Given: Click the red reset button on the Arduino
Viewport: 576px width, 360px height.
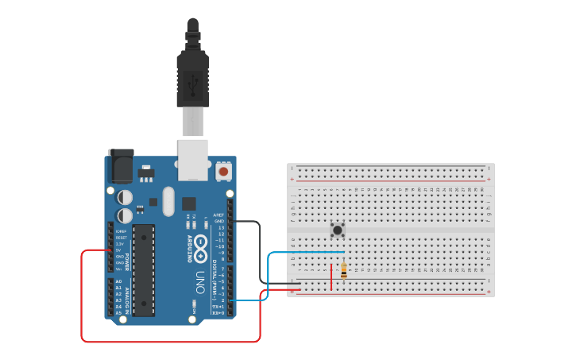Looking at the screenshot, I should (x=223, y=171).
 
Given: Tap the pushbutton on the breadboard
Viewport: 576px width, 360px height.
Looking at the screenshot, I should (x=338, y=230).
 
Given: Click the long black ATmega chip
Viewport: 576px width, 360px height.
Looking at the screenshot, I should (x=144, y=270).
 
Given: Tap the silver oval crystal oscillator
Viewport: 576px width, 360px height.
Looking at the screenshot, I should (x=168, y=201).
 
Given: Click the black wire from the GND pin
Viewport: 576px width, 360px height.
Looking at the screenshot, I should (x=259, y=254).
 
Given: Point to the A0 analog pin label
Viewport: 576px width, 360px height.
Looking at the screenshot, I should (x=119, y=281).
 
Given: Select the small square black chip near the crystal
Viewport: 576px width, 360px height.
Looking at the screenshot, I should (x=188, y=203).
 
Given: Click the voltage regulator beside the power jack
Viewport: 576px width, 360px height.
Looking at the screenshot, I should (x=146, y=173).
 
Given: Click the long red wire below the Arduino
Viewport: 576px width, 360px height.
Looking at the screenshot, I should (x=171, y=342).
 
